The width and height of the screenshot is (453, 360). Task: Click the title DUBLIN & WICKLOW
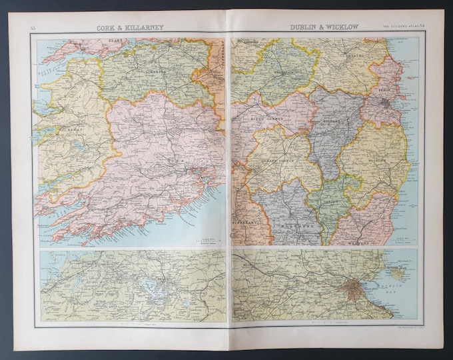click(324, 27)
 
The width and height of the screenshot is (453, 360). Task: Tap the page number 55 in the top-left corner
click(33, 28)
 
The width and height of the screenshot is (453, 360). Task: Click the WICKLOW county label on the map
click(378, 160)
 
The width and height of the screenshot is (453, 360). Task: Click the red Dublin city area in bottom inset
click(351, 289)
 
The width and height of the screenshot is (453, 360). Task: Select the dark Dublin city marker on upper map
click(385, 103)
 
